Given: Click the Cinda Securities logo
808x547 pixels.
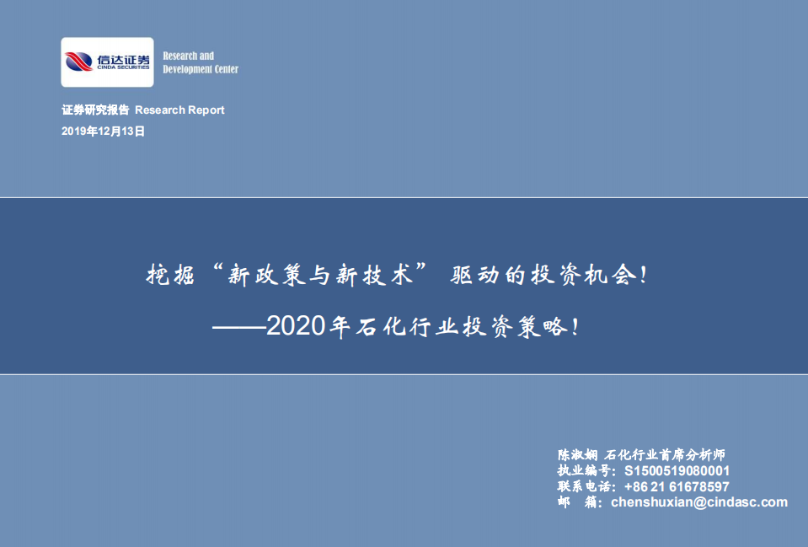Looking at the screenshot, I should coord(107,62).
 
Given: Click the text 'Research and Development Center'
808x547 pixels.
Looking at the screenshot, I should coord(200,62).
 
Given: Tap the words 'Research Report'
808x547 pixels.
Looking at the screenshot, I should coord(179,110).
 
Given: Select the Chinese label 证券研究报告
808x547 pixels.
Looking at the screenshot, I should coord(96,110).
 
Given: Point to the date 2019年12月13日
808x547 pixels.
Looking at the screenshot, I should coord(104,131).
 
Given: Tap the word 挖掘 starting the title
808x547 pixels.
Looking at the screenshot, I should coord(171,276).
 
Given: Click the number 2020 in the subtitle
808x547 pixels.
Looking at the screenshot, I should coord(295,327).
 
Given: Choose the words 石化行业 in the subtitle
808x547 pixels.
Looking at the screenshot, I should coord(395,327).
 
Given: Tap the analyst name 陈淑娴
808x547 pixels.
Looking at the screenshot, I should coord(576,454).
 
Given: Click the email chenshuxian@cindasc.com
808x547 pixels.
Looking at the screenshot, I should coord(698,502).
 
